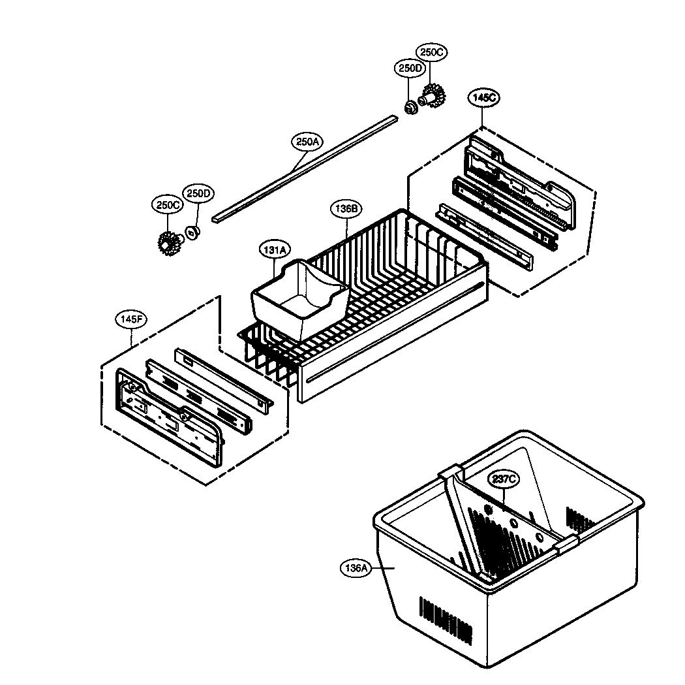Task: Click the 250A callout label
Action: tap(306, 142)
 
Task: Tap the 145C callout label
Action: tap(483, 97)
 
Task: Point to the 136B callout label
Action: tap(346, 210)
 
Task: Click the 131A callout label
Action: tap(274, 249)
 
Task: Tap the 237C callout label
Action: tap(504, 479)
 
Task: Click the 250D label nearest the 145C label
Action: tap(408, 68)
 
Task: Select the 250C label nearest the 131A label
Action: tap(168, 204)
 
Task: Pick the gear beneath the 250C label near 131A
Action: tap(170, 243)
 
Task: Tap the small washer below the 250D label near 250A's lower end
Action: tap(192, 232)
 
